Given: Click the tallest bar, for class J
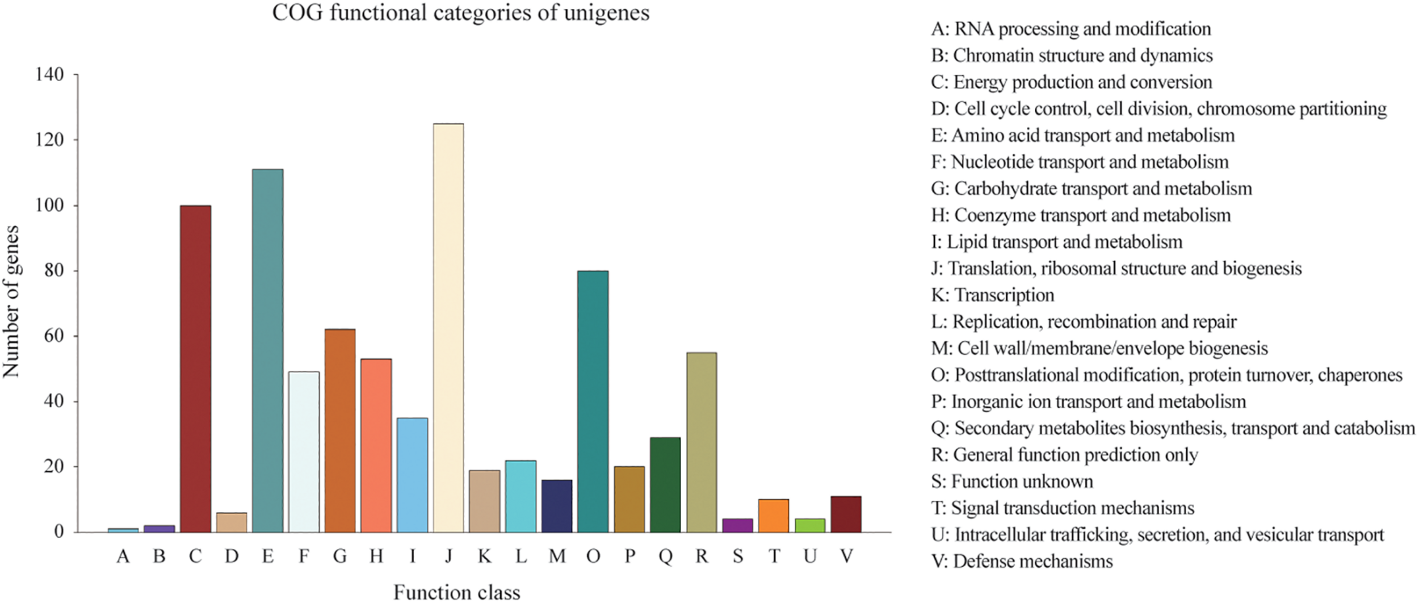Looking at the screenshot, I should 448,328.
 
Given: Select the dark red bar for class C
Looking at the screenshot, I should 195,368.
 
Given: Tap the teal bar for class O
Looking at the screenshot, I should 593,401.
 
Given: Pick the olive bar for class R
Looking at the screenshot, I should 702,442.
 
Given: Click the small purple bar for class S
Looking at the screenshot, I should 737,525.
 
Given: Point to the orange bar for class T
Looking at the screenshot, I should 774,516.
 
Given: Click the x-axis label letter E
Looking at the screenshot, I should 267,556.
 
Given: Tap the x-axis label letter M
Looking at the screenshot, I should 557,556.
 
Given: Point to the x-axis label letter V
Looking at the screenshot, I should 846,556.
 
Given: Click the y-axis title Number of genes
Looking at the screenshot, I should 11,301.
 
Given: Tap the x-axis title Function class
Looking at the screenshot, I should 456,592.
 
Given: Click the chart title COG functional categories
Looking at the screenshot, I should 460,12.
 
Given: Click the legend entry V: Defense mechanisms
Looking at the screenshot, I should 1022,562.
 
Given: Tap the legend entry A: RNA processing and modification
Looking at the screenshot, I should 1070,29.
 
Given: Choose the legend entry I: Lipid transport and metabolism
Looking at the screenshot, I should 1056,242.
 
